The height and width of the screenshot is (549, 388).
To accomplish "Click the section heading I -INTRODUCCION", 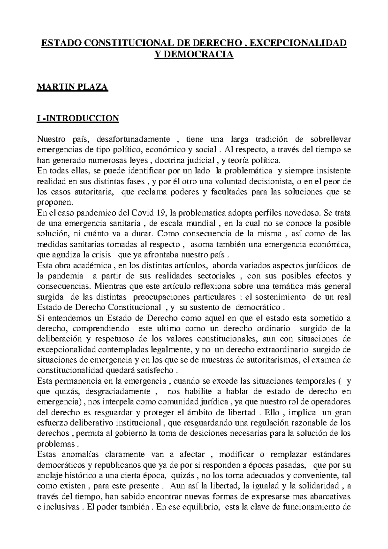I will tap(78, 118).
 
